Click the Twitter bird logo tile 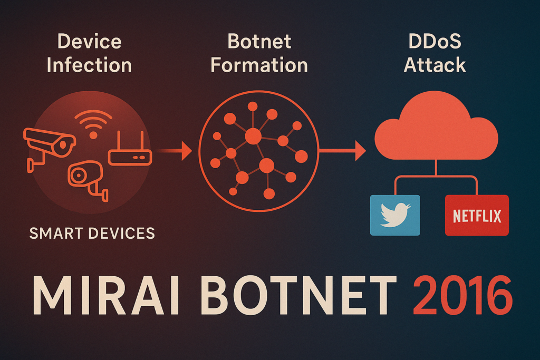[395, 215]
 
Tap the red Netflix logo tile [477, 215]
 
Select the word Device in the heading [90, 42]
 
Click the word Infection [90, 65]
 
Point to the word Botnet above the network [259, 42]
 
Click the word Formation [259, 65]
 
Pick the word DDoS [435, 42]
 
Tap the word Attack [435, 65]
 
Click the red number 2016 [462, 295]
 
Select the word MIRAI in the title [105, 295]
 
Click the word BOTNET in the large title [298, 295]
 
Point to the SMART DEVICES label [92, 233]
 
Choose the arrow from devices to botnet [174, 151]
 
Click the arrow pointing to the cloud [342, 151]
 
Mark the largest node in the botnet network [253, 137]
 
